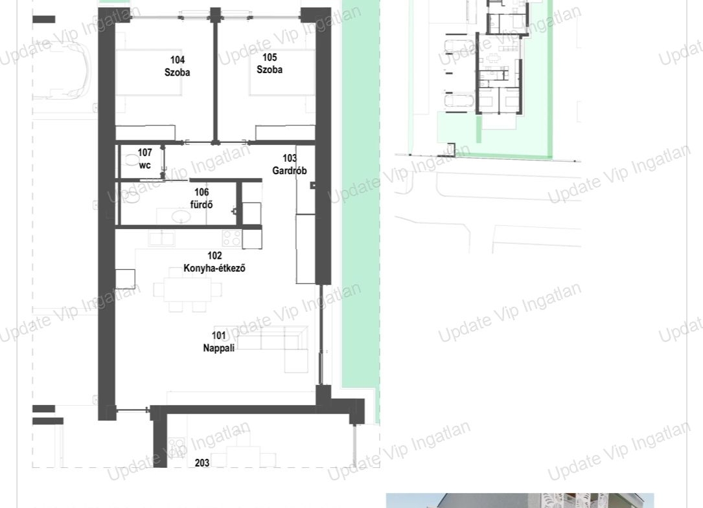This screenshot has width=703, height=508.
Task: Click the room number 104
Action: click(x=177, y=60)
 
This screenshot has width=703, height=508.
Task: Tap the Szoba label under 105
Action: click(x=270, y=69)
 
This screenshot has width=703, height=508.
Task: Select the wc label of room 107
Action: click(x=145, y=165)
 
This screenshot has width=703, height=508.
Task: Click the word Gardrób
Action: click(x=290, y=171)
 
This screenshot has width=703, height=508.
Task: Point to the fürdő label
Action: click(x=202, y=204)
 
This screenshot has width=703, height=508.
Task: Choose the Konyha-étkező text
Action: click(x=214, y=269)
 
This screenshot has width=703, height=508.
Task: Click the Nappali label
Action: click(x=219, y=348)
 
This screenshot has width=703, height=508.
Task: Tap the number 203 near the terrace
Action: click(x=202, y=463)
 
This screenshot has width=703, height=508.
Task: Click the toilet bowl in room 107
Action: click(x=130, y=160)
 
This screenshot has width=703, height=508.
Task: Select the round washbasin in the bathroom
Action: click(x=181, y=216)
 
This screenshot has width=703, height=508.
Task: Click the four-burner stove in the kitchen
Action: click(x=232, y=237)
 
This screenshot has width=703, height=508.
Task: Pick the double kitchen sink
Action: click(x=162, y=238)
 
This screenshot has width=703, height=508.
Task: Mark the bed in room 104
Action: click(x=149, y=72)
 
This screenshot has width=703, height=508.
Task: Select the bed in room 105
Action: click(x=282, y=72)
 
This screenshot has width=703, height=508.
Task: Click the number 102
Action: click(x=214, y=256)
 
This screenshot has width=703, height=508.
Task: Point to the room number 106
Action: click(x=202, y=192)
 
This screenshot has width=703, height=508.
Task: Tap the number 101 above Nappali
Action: click(x=219, y=335)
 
